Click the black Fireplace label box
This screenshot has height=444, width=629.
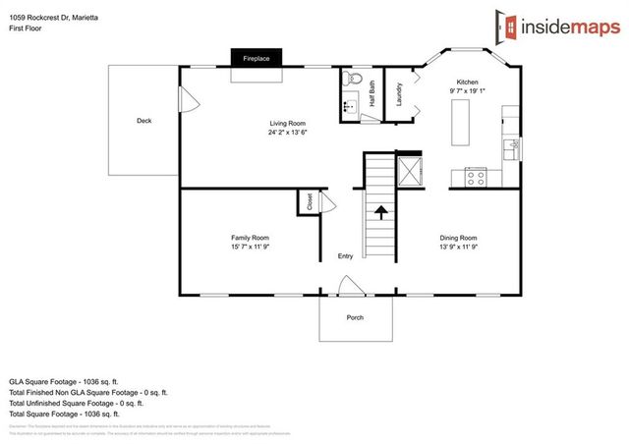point(257,60)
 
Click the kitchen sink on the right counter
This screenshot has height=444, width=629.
point(511,147)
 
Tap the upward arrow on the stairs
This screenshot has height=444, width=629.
point(380,211)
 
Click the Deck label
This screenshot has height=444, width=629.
point(143,121)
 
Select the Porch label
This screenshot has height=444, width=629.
point(355,317)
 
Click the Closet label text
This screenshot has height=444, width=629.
point(310,202)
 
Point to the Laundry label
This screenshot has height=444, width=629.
point(398,94)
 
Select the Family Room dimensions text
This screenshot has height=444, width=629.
point(250,247)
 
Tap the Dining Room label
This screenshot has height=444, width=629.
point(458,238)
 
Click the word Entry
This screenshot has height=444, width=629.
point(345,256)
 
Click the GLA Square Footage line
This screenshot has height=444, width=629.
point(63,380)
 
